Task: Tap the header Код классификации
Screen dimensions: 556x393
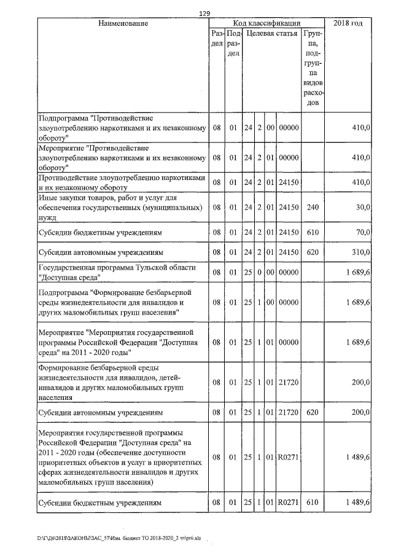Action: pos(267,23)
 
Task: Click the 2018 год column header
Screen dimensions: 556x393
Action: pos(348,23)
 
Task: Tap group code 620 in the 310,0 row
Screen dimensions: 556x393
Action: pos(313,252)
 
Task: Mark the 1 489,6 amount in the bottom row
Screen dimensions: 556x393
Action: pos(357,503)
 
